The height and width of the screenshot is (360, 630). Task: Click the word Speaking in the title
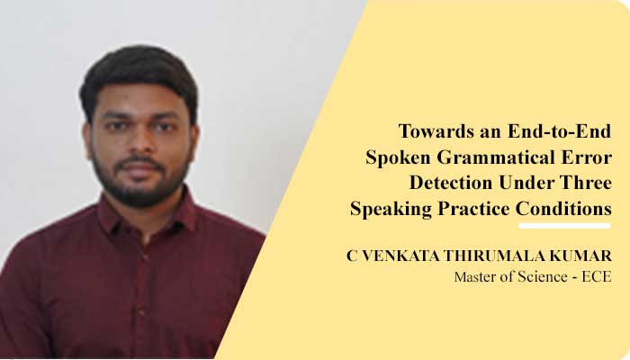coord(388,209)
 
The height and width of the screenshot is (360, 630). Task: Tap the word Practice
coord(472,209)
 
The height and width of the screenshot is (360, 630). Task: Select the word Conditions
coord(564,209)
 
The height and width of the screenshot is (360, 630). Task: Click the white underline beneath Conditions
coord(564,225)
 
